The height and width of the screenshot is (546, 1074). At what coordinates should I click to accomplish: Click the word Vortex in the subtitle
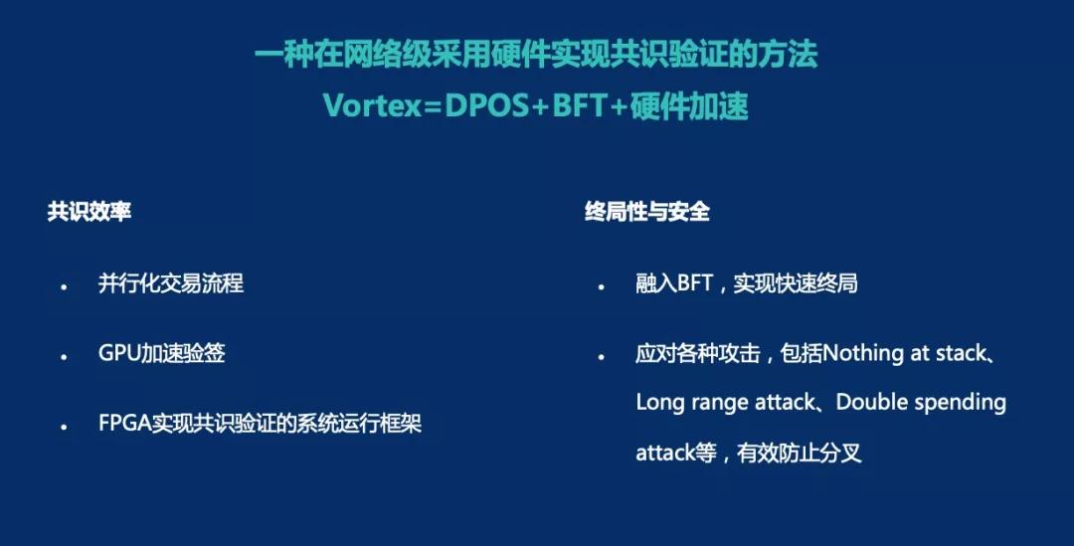coord(372,106)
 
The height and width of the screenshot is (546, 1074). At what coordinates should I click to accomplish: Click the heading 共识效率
coord(89,211)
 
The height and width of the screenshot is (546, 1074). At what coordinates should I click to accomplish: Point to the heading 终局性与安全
coord(647,211)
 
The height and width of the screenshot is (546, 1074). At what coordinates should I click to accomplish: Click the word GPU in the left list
coord(119,353)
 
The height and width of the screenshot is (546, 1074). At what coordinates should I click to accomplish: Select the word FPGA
coord(124,423)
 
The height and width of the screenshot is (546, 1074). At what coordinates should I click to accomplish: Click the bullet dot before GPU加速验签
coord(64,357)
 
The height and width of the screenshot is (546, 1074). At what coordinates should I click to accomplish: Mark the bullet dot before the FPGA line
coord(64,427)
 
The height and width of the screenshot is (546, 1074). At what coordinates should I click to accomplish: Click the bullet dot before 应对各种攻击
coord(601,357)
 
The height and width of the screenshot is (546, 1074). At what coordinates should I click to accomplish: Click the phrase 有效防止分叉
coord(799,453)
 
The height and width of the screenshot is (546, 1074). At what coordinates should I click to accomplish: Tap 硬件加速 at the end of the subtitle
coord(689,106)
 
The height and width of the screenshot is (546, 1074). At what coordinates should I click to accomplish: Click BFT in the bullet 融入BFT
coord(695,282)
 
